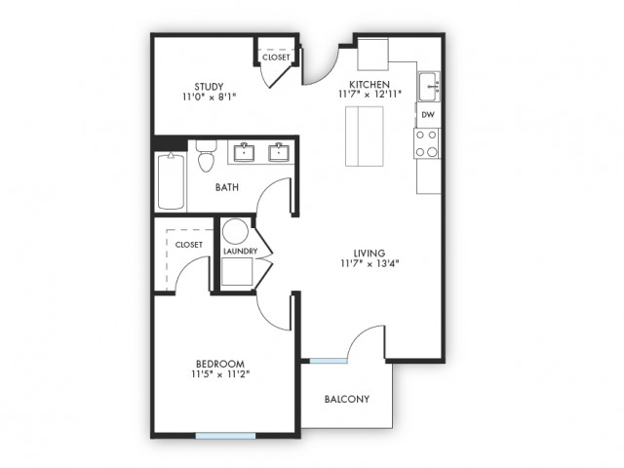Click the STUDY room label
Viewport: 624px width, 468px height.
(x=209, y=87)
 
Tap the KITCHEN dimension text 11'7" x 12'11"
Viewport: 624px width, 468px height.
(x=370, y=95)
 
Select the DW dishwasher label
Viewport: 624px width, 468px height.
(x=428, y=115)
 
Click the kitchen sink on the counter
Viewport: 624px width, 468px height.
(x=429, y=87)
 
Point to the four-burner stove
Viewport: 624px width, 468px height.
(x=427, y=143)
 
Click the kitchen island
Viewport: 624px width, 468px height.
(x=364, y=136)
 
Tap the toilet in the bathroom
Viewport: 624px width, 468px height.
(x=206, y=156)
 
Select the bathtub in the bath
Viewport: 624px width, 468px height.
(x=171, y=181)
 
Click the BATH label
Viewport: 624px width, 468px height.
(x=227, y=187)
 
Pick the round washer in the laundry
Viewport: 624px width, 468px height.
(x=235, y=231)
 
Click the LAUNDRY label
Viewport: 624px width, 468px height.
(x=241, y=252)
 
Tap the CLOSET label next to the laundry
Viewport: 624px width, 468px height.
(x=189, y=245)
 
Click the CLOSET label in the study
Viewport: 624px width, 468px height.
(x=276, y=58)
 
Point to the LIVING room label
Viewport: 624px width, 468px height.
(x=370, y=253)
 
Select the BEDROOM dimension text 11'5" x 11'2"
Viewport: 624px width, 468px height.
(x=220, y=374)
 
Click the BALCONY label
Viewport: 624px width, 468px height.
(x=347, y=399)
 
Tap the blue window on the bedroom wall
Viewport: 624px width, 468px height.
(x=225, y=436)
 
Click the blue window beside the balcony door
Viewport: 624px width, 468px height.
(x=329, y=361)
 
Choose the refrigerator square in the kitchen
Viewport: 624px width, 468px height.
(x=372, y=55)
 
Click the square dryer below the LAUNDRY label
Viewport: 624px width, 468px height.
(x=237, y=272)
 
